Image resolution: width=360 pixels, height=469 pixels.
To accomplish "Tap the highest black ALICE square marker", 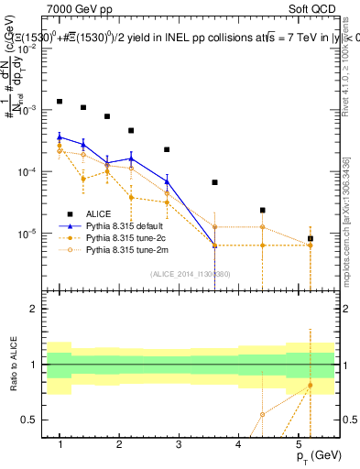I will click(x=60, y=102).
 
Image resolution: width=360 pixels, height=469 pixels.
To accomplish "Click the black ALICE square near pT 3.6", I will click(x=214, y=182).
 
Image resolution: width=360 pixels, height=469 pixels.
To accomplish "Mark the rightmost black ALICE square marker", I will click(x=311, y=238).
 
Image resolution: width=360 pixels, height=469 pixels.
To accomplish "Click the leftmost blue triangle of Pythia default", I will click(x=60, y=136).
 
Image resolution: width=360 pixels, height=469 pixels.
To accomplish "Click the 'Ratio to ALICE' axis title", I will click(x=14, y=365).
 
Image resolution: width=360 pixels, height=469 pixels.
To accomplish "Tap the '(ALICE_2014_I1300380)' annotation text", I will click(x=189, y=273).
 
